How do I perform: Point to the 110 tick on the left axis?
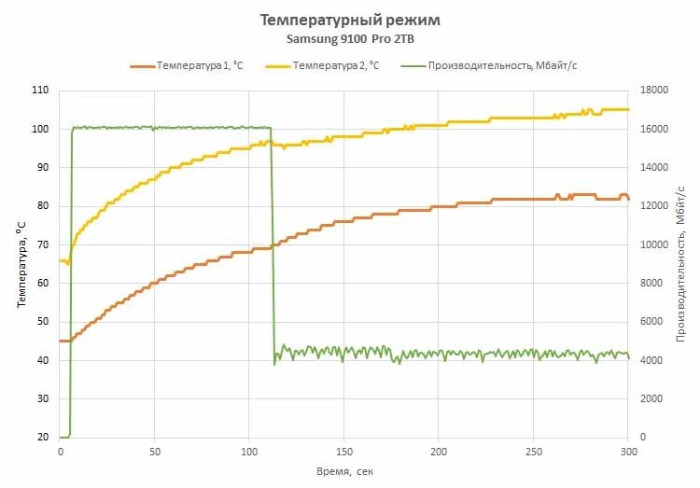(x=39, y=91)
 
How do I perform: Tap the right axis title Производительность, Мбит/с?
(x=680, y=263)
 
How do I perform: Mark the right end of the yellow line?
(x=628, y=109)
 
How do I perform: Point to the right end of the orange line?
(x=628, y=199)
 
